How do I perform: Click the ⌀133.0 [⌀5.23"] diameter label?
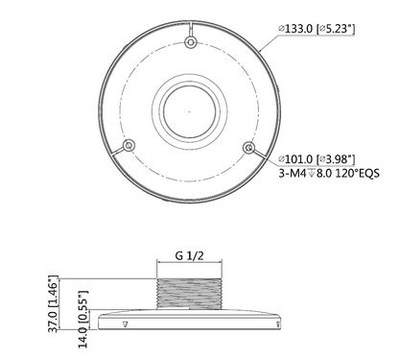click(x=317, y=29)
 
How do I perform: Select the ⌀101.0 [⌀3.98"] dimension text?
click(x=317, y=159)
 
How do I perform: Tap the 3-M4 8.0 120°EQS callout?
click(x=329, y=173)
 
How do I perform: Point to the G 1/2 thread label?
click(x=189, y=255)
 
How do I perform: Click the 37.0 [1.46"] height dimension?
click(x=54, y=303)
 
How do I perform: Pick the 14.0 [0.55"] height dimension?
click(x=82, y=319)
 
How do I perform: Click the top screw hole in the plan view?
click(x=191, y=42)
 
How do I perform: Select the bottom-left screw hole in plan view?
click(x=129, y=145)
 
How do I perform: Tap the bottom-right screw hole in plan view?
click(x=248, y=148)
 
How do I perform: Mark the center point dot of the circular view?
click(x=189, y=111)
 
